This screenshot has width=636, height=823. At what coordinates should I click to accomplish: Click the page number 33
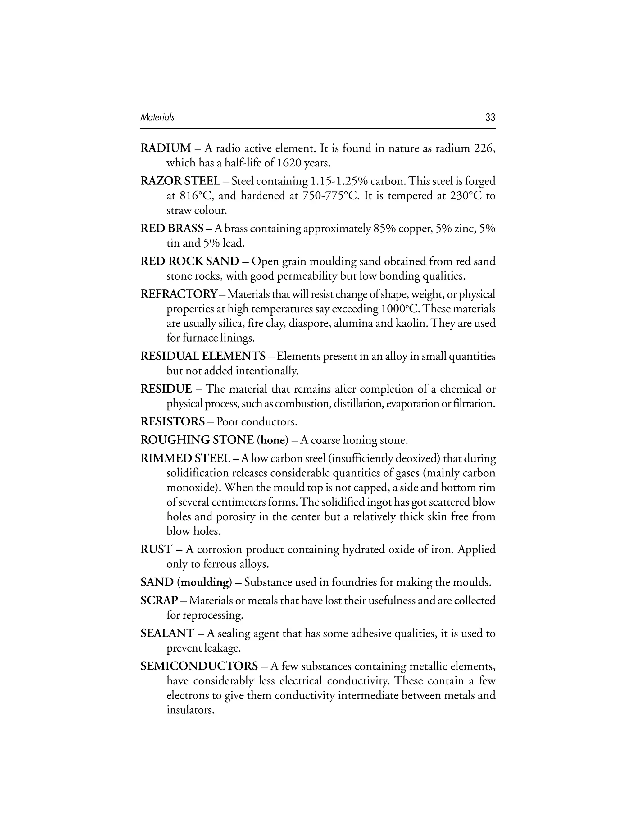(490, 118)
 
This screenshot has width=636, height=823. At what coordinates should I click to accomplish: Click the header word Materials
(157, 117)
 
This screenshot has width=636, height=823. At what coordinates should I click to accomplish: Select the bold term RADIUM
(166, 148)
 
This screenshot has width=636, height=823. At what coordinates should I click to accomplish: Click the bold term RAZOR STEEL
(180, 181)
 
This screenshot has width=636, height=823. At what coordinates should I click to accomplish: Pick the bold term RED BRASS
(172, 229)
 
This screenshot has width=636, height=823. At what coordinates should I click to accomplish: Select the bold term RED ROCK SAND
(189, 261)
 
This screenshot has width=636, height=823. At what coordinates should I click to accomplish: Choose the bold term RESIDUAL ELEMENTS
(203, 356)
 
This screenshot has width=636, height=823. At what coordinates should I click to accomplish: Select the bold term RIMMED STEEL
(185, 459)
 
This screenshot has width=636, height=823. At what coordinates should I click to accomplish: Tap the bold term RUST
(156, 549)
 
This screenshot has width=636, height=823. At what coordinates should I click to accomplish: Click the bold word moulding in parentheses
(205, 583)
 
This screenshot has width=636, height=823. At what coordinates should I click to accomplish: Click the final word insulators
(190, 711)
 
